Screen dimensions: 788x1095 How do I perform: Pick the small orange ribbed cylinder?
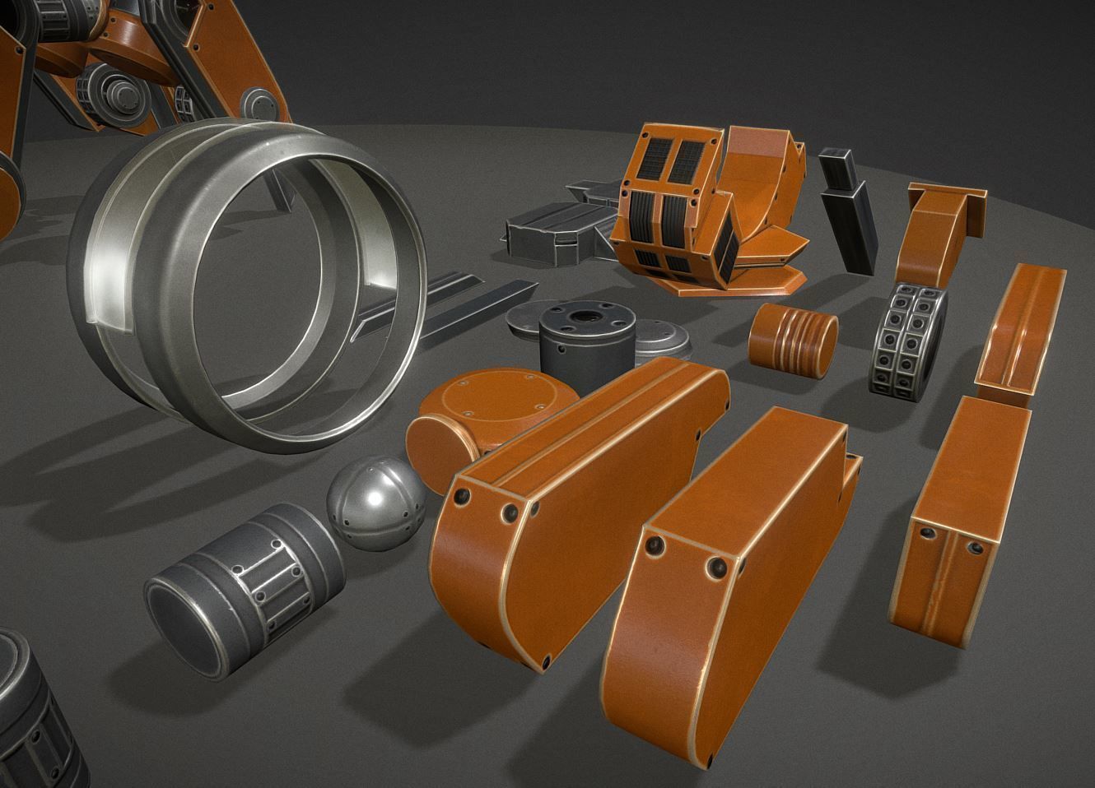coord(793,335)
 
